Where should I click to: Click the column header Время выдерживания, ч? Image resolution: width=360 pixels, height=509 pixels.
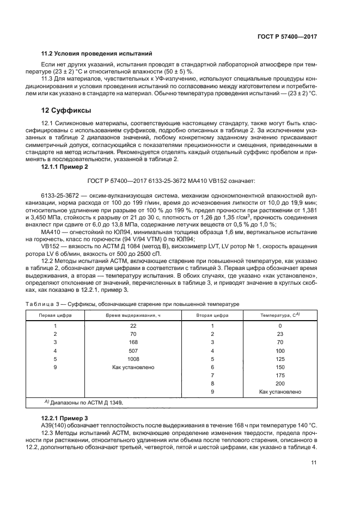[x=133, y=315]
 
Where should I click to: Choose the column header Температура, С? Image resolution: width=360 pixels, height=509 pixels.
[x=279, y=315]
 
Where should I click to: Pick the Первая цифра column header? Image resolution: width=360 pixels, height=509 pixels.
[x=54, y=315]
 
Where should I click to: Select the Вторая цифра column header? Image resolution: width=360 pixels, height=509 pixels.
[x=212, y=315]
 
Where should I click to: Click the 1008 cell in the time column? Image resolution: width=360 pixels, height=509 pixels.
[x=133, y=359]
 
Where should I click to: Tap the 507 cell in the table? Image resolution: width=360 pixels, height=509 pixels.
[x=133, y=351]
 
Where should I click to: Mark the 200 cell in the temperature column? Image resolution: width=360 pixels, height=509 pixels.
[x=279, y=383]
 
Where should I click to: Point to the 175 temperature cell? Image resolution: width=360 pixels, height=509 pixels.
[x=279, y=375]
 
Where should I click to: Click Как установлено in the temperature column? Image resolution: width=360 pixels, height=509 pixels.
[x=279, y=391]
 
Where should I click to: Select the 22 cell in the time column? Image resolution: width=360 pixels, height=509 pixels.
[x=133, y=326]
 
